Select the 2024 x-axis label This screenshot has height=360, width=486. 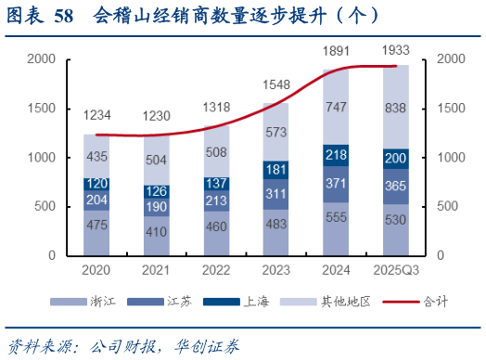(x=337, y=270)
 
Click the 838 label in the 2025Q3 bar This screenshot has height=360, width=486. (x=396, y=108)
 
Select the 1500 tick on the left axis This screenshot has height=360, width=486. (x=44, y=109)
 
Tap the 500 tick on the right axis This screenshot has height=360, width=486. (x=448, y=206)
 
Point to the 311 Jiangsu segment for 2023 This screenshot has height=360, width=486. (x=276, y=194)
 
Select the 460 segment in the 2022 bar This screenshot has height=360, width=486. (x=216, y=226)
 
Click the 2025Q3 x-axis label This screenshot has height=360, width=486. (x=396, y=270)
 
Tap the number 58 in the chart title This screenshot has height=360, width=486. (x=63, y=16)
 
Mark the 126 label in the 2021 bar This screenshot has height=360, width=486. (x=157, y=191)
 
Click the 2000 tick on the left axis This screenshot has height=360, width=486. (x=44, y=59)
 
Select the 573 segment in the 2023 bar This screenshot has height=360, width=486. (x=276, y=134)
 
